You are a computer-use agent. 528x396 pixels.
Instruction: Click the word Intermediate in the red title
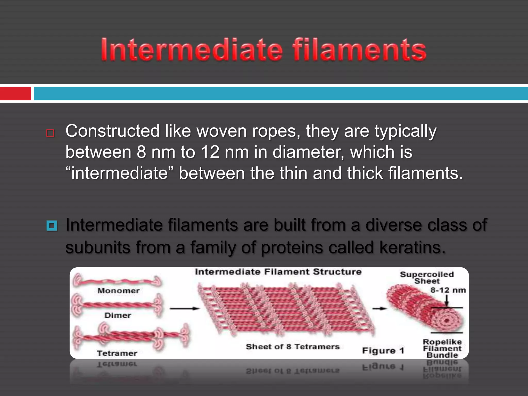(192, 49)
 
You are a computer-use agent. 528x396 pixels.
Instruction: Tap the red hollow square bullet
(50, 133)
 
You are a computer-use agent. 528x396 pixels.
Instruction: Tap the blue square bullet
(52, 226)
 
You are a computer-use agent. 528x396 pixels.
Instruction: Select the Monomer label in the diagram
(118, 291)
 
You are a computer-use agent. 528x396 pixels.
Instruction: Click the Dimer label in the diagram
(118, 315)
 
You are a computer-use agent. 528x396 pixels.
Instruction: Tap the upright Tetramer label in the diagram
(117, 353)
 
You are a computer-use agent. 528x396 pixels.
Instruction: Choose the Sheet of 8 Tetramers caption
(293, 347)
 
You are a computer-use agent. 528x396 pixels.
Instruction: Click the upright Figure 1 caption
(383, 351)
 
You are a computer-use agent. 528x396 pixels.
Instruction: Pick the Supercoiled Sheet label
(427, 277)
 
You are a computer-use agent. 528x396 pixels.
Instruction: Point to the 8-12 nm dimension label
(448, 290)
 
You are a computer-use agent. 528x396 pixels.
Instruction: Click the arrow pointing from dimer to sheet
(185, 308)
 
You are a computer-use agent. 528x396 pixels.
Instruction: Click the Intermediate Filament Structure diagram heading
(278, 272)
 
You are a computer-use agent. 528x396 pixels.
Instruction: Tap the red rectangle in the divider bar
(15, 93)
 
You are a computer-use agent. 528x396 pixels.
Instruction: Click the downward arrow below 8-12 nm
(447, 301)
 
